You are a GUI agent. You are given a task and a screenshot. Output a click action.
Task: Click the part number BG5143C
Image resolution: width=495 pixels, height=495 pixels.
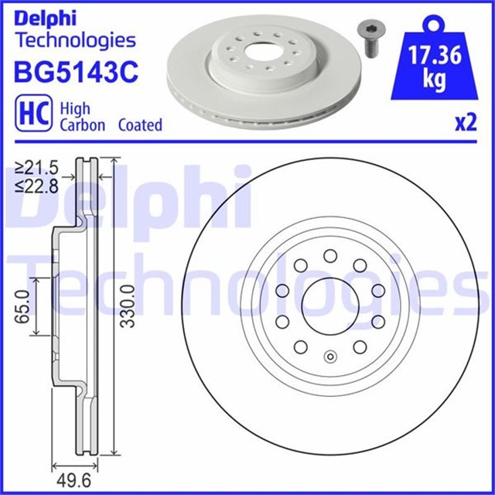point(76,72)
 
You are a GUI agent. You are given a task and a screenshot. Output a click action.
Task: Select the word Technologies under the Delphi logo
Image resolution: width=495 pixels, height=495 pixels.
point(75,40)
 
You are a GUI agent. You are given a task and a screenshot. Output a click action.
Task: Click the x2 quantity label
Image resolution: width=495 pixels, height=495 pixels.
point(465,125)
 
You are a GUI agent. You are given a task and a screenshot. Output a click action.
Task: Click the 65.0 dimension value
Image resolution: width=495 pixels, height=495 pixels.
point(22,307)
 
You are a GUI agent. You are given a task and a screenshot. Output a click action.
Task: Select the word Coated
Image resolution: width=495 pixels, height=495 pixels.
point(140,125)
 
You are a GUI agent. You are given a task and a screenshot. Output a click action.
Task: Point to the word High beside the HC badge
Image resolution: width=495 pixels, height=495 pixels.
point(75,108)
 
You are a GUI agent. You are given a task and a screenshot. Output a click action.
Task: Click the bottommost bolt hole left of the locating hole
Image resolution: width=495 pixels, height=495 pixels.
point(301,346)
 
